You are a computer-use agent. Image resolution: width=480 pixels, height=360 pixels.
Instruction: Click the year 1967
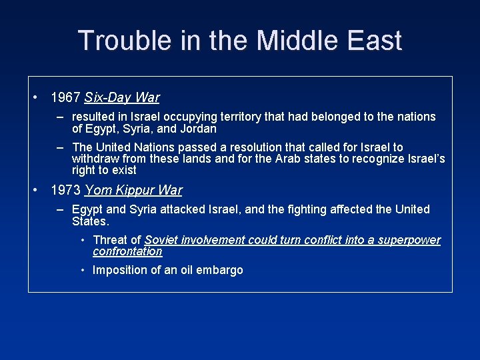(65, 98)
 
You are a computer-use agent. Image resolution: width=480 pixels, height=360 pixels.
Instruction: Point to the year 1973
(65, 191)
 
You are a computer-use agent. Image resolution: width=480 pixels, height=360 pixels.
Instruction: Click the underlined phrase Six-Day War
(122, 98)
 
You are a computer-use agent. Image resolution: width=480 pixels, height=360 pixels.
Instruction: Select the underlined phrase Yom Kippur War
(133, 191)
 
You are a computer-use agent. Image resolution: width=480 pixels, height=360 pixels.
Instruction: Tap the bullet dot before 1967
(35, 97)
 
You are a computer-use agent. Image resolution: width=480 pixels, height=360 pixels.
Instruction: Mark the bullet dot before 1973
(35, 190)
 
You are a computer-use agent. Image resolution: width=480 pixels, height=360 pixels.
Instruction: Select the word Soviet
(161, 240)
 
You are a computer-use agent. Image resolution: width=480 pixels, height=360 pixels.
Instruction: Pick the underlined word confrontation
(127, 251)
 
